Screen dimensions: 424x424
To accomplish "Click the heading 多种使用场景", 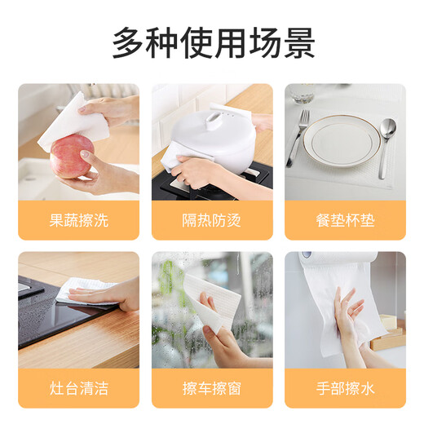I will pos(212,41).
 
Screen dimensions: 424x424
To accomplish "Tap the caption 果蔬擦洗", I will pos(78,220).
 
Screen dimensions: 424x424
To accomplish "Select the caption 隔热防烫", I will pos(212,220).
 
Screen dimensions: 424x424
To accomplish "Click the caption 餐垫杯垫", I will pos(345,220).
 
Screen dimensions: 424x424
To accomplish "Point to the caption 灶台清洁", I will pos(78,388).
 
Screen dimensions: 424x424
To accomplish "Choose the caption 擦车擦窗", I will pos(212,388).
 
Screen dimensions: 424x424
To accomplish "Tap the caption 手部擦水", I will pos(345,388).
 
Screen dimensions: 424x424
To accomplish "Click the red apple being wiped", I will pos(70,156).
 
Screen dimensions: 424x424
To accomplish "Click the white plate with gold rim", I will pos(343,144).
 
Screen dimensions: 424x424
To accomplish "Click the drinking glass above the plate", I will pos(303,94).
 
